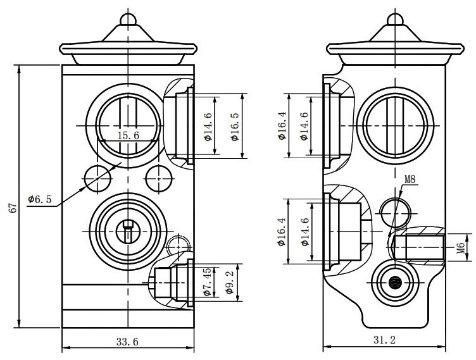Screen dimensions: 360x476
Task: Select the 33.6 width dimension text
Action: [127, 342]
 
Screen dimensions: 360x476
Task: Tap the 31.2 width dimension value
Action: [384, 341]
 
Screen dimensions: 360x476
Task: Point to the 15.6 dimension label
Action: [128, 135]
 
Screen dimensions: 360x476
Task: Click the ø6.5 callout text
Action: [39, 199]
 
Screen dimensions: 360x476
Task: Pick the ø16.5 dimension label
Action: [235, 126]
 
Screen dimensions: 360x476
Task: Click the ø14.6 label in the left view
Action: [208, 126]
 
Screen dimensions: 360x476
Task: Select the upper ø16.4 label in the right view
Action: [281, 126]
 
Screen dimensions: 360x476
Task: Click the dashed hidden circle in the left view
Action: [178, 245]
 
